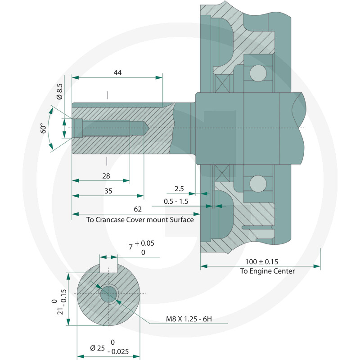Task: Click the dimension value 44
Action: coord(118,72)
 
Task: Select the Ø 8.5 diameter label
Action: coord(59,91)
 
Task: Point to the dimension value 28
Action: coord(106,176)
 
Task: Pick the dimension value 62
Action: coord(138,209)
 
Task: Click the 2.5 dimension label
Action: coord(180,188)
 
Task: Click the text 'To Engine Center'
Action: coord(267,271)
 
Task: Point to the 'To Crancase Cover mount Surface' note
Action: coord(140,220)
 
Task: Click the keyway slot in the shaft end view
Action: coord(108,267)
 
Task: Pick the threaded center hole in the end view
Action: coord(108,294)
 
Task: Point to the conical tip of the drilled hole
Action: coord(147,128)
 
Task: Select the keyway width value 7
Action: coord(131,247)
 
